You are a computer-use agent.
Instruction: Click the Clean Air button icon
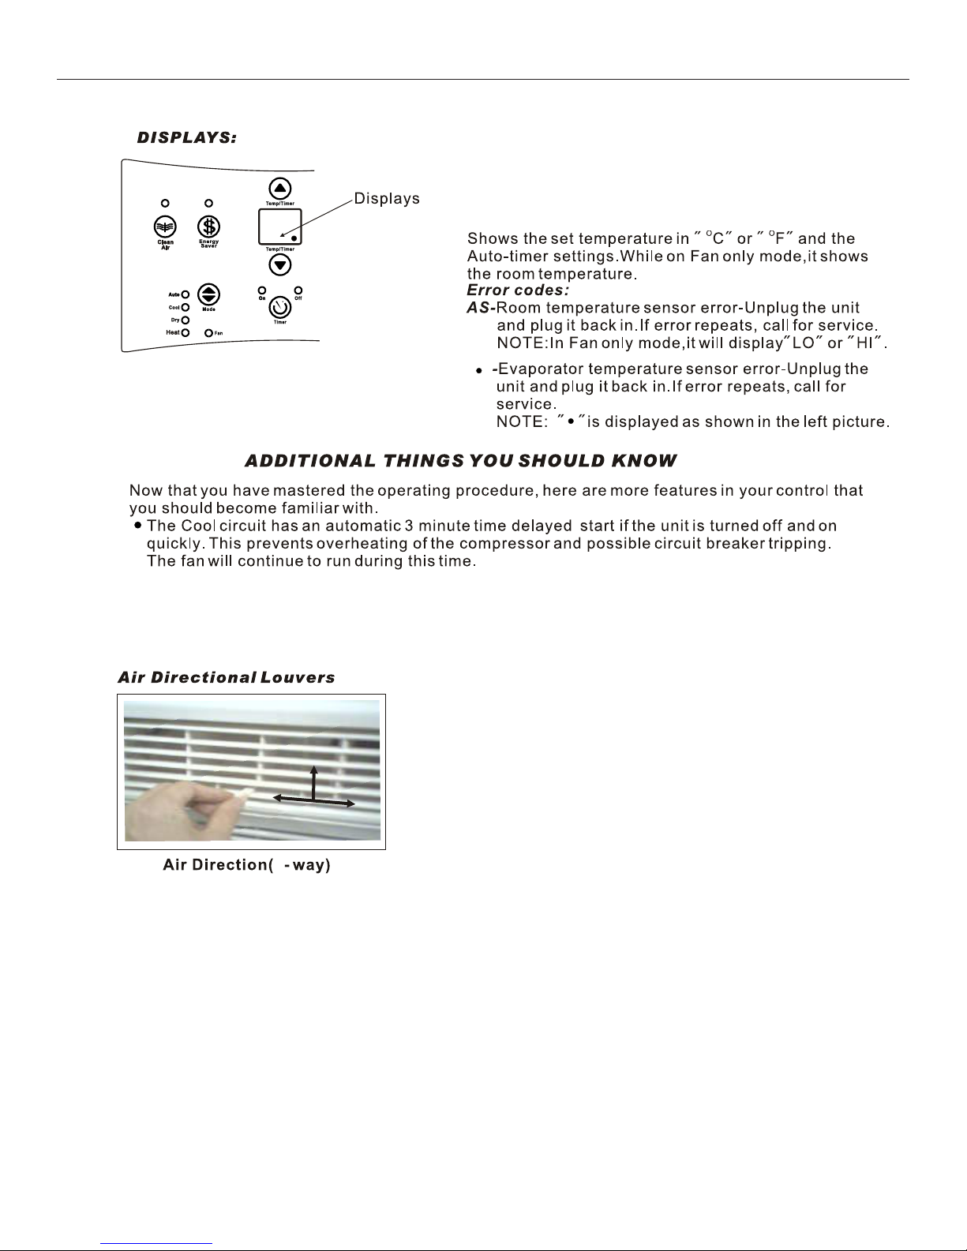tap(164, 226)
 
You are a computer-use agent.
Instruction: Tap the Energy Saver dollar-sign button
tap(208, 226)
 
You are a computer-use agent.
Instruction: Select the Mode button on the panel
tap(208, 295)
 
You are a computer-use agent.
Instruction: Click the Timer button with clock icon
tap(280, 306)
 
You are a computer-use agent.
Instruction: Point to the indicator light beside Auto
tap(186, 294)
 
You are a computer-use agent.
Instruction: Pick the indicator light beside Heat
tap(186, 333)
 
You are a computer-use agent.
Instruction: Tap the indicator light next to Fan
tap(209, 333)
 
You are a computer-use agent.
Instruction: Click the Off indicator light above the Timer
tap(298, 290)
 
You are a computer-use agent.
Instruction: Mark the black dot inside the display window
tap(294, 238)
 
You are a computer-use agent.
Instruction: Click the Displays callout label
tap(386, 199)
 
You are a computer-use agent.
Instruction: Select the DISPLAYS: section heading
tap(187, 138)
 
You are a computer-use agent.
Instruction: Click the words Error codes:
tap(518, 290)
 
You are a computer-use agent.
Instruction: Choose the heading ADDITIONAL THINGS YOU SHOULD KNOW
tap(460, 460)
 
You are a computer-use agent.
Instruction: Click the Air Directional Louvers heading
tap(226, 678)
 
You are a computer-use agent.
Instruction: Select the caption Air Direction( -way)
tap(246, 865)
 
